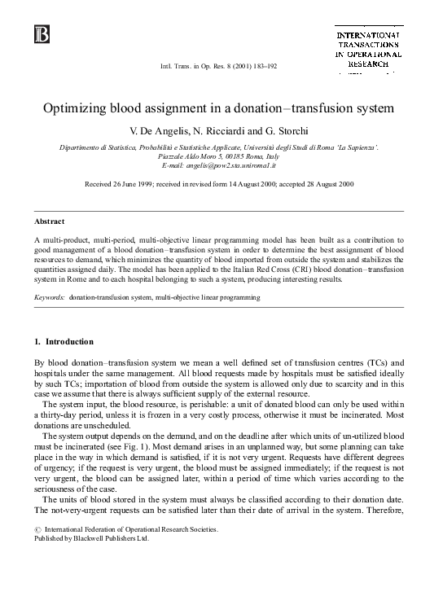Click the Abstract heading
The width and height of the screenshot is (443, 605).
[50, 221]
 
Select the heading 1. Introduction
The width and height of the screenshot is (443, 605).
[64, 341]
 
